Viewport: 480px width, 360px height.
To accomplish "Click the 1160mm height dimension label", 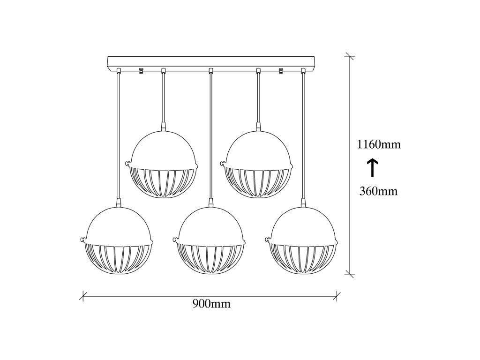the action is (379, 145).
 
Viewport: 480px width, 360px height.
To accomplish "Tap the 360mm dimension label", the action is (379, 191).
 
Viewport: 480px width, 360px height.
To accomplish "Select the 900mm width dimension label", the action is (211, 304).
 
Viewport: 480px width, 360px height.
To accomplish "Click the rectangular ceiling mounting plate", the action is (210, 62).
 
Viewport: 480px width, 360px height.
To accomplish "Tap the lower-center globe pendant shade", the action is (211, 240).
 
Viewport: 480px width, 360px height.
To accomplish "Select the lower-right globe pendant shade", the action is (303, 240).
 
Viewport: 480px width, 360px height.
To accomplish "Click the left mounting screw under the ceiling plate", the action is (140, 71).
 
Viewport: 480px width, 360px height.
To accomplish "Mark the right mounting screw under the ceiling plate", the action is (281, 71).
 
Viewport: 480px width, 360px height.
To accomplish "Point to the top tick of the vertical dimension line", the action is (350, 57).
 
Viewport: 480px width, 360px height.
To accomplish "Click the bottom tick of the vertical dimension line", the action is (350, 273).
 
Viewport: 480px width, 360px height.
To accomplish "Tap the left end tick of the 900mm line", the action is (83, 296).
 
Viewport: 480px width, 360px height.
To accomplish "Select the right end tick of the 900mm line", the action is (337, 296).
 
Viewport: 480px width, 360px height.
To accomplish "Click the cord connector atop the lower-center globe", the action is (211, 202).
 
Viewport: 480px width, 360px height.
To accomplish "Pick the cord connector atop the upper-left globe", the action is (164, 126).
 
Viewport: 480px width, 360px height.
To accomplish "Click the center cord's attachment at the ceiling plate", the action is (211, 71).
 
